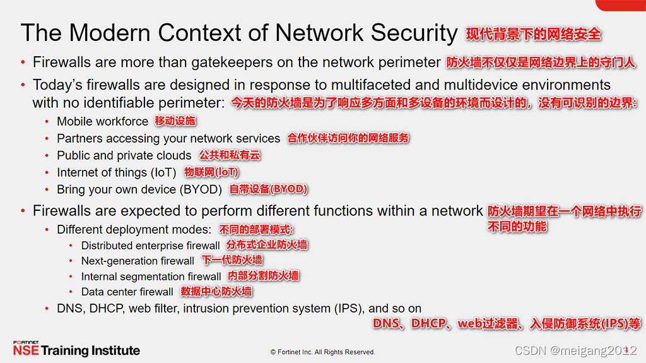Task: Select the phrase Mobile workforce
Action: coord(102,121)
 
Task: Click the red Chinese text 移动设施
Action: coord(175,121)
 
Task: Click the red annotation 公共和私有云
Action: coord(230,155)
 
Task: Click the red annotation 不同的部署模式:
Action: coord(257,230)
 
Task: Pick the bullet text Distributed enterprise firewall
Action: coord(150,246)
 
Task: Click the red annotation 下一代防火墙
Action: coord(232,261)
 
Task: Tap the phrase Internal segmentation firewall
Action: coord(151,277)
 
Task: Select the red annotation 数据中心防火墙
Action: coord(216,292)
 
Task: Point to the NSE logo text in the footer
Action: coord(25,350)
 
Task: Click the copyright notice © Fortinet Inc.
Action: coord(322,352)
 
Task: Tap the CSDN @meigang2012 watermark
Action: coord(575,350)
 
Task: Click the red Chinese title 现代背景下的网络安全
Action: coord(533,34)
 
